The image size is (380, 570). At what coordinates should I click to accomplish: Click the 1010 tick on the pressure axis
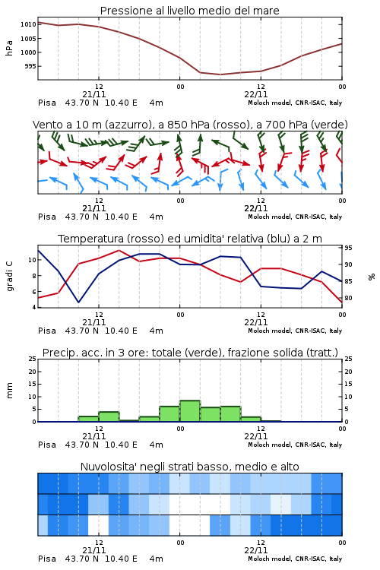point(28,25)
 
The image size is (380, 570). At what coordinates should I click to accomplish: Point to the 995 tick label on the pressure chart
point(30,66)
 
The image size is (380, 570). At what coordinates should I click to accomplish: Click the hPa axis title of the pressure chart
point(9,48)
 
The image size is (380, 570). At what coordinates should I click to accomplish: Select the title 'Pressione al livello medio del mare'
point(190,11)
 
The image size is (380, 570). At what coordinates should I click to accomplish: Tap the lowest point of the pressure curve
point(220,74)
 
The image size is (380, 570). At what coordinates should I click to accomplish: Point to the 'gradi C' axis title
point(9,276)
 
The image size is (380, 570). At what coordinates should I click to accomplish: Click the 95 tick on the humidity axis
point(348,248)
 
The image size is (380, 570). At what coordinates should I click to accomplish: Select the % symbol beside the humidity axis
point(372,277)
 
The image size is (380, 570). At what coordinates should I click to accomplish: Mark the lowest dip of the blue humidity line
point(78,302)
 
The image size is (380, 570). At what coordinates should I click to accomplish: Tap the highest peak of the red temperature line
point(119,250)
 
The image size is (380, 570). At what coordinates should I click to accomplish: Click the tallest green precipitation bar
point(190,410)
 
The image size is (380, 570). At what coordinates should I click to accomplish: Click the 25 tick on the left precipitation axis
point(32,359)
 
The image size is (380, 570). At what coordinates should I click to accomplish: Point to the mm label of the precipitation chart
point(9,391)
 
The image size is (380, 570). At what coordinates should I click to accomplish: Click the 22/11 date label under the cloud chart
point(255,550)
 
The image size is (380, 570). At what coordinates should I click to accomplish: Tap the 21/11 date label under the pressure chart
point(93,94)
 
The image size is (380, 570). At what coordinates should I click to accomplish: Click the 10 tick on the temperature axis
point(32,260)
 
